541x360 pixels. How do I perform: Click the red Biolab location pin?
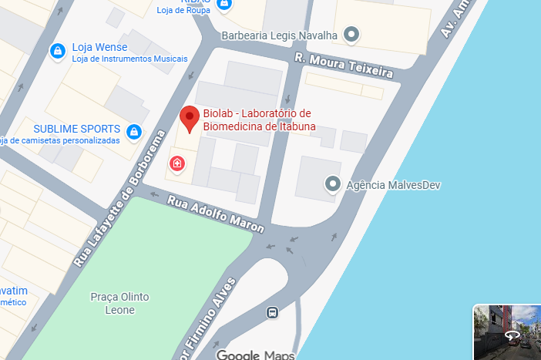(190, 119)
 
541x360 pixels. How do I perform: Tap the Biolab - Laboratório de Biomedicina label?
(257, 121)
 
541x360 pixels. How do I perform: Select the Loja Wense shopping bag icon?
(57, 52)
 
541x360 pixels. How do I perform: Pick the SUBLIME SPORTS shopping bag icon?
(135, 132)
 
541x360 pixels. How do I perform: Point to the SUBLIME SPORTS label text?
(77, 129)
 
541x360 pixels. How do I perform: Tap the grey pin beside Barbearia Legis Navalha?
(351, 35)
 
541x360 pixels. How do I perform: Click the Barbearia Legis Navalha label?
(280, 35)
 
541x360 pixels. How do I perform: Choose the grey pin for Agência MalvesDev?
(332, 183)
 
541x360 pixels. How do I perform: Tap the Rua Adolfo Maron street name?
(217, 214)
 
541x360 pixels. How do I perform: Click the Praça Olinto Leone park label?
(119, 303)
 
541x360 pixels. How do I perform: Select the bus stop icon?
(271, 312)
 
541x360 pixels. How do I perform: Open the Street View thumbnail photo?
(506, 332)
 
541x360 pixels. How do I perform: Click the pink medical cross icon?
(177, 163)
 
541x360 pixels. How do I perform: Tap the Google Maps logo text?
(255, 355)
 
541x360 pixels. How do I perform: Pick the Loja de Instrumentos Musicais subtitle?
(130, 59)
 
